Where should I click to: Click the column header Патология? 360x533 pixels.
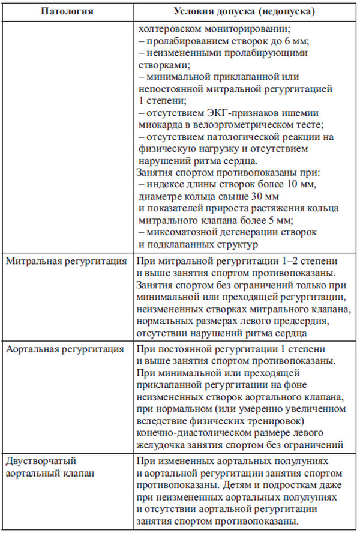[67, 12]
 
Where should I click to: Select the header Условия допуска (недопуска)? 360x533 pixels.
[245, 12]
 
